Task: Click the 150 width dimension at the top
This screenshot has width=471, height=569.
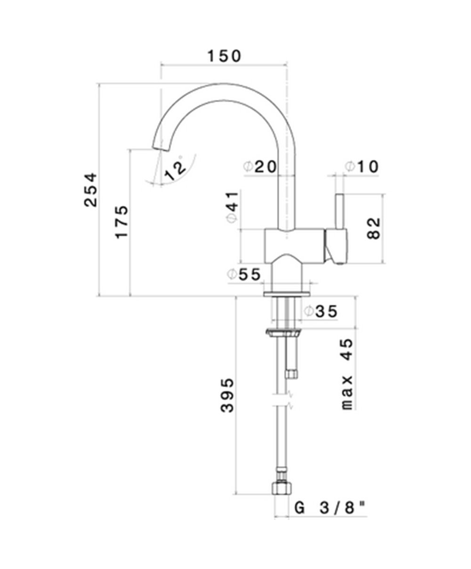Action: pyautogui.click(x=224, y=56)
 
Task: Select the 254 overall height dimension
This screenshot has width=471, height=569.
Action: pyautogui.click(x=90, y=189)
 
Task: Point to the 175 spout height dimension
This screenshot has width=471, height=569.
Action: pyautogui.click(x=122, y=221)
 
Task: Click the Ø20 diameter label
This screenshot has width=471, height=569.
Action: pyautogui.click(x=260, y=166)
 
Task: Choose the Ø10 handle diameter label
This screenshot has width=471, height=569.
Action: pyautogui.click(x=361, y=166)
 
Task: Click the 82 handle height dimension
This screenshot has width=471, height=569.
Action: pyautogui.click(x=373, y=228)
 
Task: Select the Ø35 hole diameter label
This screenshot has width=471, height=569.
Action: pyautogui.click(x=321, y=311)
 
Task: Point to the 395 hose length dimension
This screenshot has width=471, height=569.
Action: pyautogui.click(x=227, y=395)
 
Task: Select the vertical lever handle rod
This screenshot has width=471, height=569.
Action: pyautogui.click(x=339, y=211)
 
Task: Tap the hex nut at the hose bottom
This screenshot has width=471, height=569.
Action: pyautogui.click(x=281, y=488)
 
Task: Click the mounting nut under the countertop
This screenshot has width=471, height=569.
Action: pyautogui.click(x=283, y=333)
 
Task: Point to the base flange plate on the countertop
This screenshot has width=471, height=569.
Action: pyautogui.click(x=286, y=294)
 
